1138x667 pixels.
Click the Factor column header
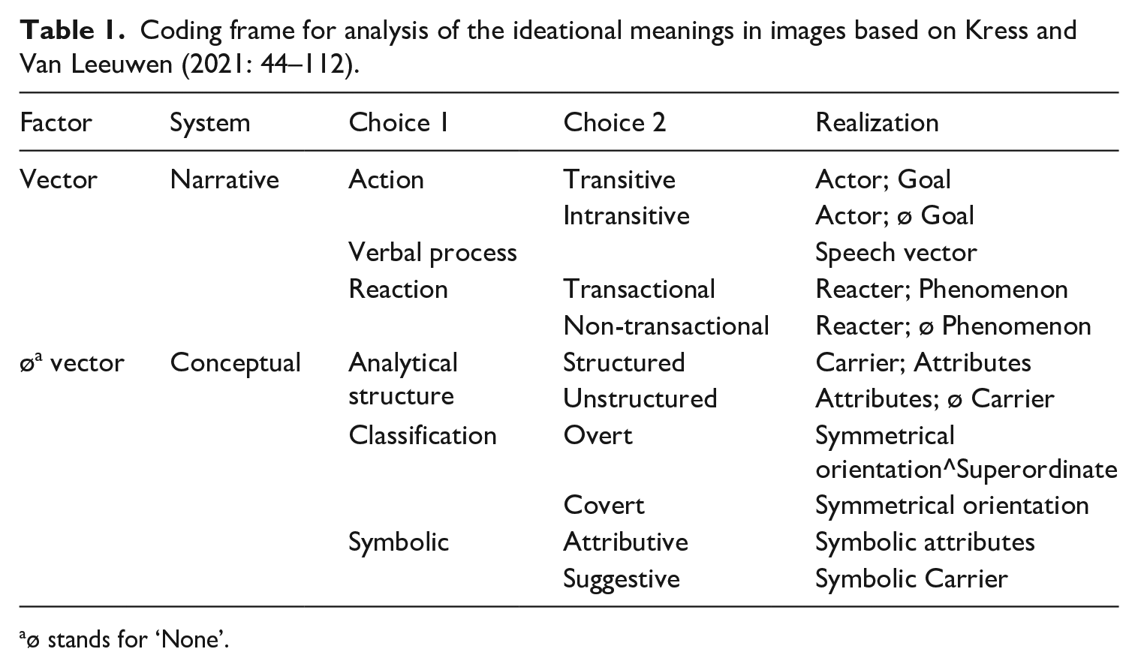point(56,123)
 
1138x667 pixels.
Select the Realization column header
point(877,123)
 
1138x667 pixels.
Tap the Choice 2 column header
point(614,123)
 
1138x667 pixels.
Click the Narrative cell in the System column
point(224,180)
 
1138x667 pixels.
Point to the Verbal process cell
point(432,253)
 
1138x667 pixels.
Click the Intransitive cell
point(626,216)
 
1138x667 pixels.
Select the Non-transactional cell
point(666,326)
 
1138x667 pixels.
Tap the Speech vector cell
point(896,254)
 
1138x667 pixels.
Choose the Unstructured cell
point(640,399)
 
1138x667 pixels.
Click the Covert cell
point(604,506)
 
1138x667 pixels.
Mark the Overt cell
point(598,436)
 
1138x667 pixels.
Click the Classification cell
point(422,436)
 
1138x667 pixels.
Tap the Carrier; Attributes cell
point(923,363)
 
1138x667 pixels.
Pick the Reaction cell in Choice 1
point(399,290)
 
